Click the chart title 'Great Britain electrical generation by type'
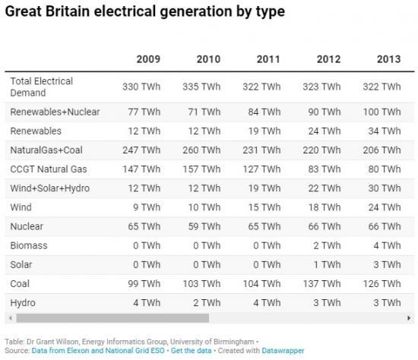pos(144,12)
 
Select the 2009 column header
pos(148,59)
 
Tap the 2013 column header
pos(388,59)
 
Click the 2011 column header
pos(268,59)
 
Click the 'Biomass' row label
pos(30,245)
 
